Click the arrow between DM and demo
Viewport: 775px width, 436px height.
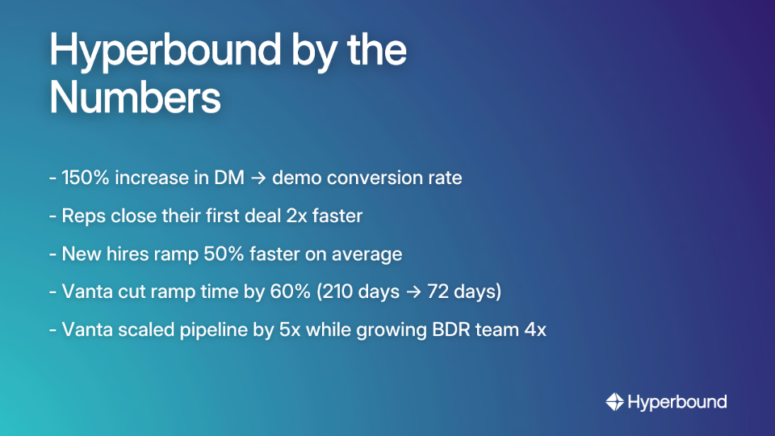(258, 178)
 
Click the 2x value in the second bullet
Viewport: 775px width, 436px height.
(309, 216)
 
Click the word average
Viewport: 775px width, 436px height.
(367, 254)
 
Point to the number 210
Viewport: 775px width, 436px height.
(337, 291)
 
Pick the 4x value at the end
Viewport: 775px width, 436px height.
(535, 329)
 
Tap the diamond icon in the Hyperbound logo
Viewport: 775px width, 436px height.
(614, 401)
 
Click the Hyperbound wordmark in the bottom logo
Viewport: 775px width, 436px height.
(677, 401)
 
